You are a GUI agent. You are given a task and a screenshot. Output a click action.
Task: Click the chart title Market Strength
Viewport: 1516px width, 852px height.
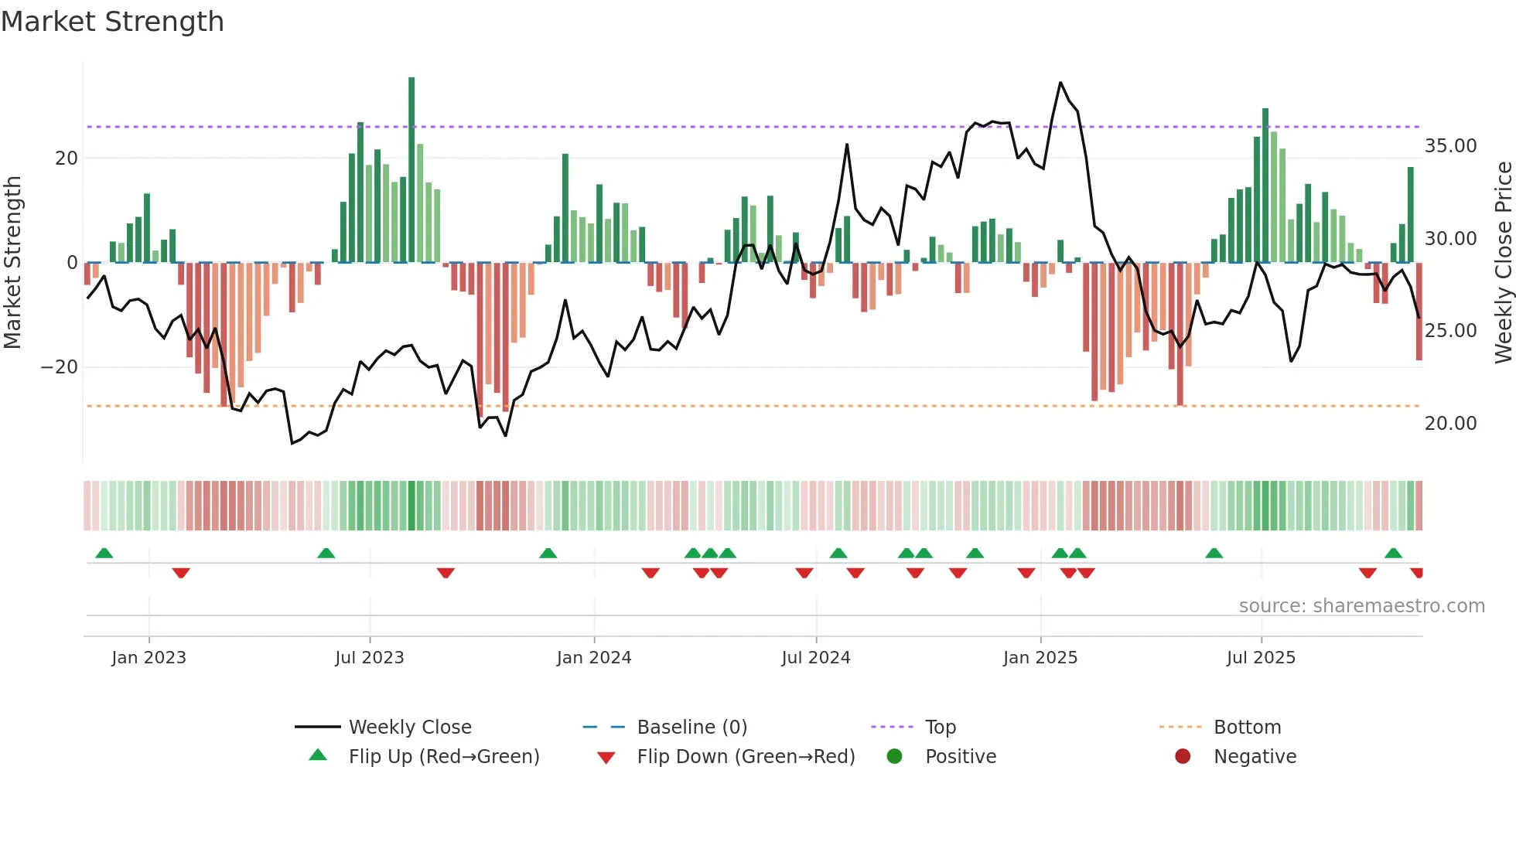[x=112, y=22]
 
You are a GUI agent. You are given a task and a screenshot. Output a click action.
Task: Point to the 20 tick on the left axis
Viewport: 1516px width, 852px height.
[x=67, y=158]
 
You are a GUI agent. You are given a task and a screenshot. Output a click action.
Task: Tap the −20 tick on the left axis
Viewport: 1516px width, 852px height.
[x=60, y=367]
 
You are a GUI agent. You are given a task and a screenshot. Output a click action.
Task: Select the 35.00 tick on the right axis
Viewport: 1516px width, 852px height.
[x=1450, y=146]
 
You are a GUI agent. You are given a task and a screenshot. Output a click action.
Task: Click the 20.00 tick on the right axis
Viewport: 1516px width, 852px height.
[x=1450, y=424]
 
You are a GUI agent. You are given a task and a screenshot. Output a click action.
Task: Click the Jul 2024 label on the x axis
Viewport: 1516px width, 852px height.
[x=815, y=658]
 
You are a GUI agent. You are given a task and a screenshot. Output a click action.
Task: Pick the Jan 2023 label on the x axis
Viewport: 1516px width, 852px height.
[x=149, y=658]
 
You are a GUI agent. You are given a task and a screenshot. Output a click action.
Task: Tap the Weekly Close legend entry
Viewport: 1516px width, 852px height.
[x=409, y=728]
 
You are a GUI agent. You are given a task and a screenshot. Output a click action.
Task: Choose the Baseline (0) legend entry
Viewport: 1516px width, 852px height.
[x=691, y=728]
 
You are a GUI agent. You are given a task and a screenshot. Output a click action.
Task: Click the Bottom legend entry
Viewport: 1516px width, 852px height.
[x=1247, y=728]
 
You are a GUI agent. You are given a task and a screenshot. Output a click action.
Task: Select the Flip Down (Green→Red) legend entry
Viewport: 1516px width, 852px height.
[x=746, y=757]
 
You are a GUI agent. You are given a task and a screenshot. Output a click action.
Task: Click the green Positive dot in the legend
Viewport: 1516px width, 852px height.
[x=895, y=757]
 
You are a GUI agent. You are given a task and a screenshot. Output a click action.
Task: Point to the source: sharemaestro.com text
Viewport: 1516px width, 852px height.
[x=1361, y=606]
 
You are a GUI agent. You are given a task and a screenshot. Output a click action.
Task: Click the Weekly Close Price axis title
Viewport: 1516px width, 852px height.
[x=1503, y=263]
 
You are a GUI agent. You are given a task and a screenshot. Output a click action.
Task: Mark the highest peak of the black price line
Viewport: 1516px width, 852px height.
[x=1060, y=83]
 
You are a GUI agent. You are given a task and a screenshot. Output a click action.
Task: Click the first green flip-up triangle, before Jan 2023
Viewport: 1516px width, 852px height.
[x=104, y=553]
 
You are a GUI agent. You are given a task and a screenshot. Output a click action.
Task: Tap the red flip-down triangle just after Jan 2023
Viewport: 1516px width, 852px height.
[x=181, y=573]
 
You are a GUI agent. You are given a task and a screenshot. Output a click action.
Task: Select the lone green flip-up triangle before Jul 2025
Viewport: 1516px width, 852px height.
[x=1214, y=553]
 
